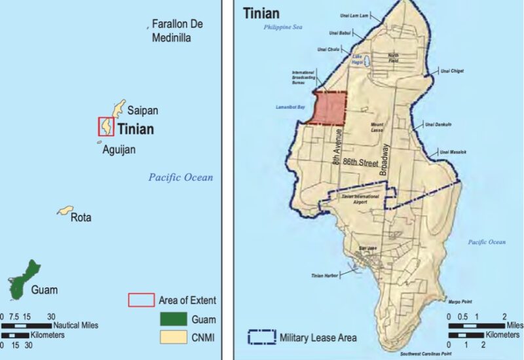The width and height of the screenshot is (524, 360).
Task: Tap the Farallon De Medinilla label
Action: coord(178,30)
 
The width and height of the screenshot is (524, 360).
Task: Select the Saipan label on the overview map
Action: coord(143,110)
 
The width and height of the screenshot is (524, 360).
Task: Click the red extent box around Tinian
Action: coord(106,126)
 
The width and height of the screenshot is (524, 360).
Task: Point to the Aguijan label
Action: coord(119,150)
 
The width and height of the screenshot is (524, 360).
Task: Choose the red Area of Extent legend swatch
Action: coord(140,300)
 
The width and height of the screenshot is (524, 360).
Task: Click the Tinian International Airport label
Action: coord(358,199)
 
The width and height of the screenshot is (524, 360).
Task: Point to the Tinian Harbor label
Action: coord(325,276)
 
